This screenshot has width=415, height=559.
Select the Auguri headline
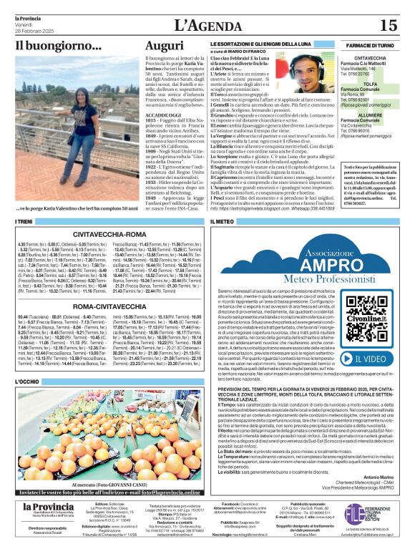(x=164, y=48)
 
